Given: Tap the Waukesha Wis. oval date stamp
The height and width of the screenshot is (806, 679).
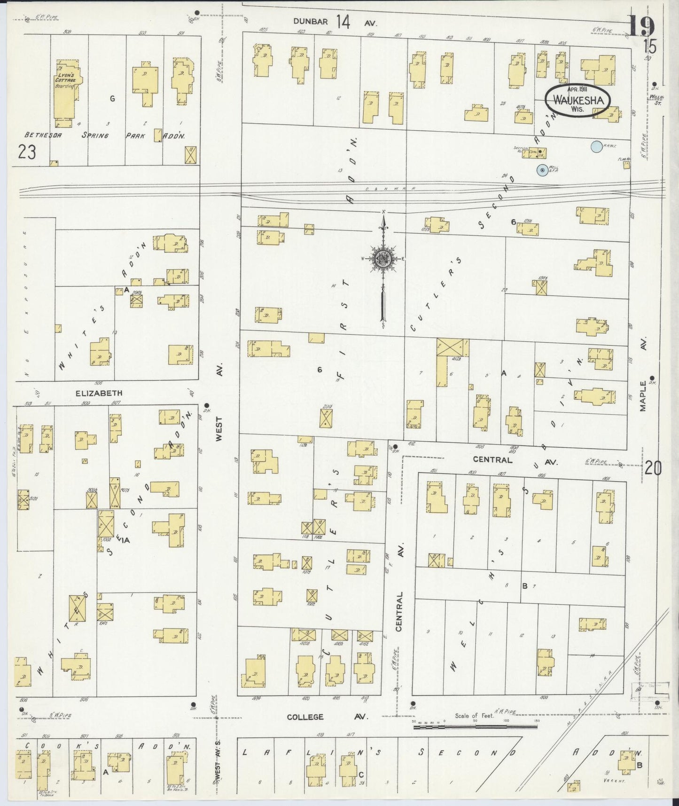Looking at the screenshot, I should coord(578,100).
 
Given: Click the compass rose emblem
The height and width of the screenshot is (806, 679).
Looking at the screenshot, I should coord(383,260).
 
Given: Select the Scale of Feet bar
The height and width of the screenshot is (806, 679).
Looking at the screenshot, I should coord(475,727).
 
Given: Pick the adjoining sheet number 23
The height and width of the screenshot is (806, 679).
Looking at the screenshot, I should coord(28,152).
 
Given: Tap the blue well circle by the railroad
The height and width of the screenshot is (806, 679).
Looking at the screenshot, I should coord(542,170).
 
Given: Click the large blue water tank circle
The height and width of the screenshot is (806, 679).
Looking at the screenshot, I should coord(596,147).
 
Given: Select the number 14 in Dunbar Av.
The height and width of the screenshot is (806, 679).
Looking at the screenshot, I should coord(343,22).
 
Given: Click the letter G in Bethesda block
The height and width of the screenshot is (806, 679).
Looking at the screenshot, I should coord(112,98).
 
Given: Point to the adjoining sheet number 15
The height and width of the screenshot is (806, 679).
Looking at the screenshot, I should coord(650,47).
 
